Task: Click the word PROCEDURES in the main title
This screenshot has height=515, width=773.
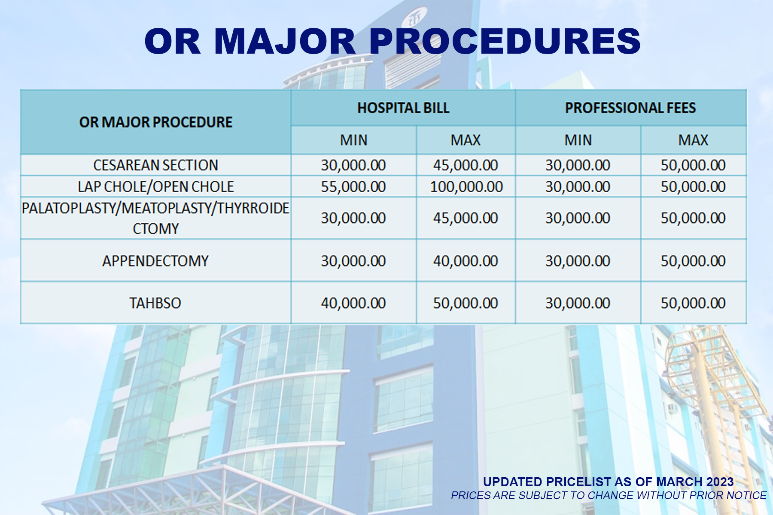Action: coord(505,41)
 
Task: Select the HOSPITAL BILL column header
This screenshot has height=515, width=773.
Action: coord(403,108)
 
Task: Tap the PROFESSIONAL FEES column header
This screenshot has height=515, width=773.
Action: coord(630,108)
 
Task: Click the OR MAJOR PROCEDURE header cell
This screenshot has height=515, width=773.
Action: coord(155,122)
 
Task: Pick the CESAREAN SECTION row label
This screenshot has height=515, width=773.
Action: coord(155,165)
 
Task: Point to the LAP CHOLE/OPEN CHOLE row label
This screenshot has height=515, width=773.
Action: coord(155,187)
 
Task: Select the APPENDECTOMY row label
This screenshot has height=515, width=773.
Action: coord(155,261)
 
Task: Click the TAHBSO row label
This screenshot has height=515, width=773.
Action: coord(155,303)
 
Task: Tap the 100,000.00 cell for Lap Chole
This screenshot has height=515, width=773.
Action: coord(466,187)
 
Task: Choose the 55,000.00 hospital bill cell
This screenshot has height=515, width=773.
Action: coord(353,187)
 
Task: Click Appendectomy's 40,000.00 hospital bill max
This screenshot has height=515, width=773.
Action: coord(466,261)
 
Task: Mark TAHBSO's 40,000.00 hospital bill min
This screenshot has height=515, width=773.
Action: coord(353,303)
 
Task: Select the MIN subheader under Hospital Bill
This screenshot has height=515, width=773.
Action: coord(354,140)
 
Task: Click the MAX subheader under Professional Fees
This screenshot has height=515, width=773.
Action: coord(693,140)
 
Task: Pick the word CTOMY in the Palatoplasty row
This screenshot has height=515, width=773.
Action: coord(155,229)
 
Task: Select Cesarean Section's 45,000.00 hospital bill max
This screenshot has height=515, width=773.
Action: coord(466,165)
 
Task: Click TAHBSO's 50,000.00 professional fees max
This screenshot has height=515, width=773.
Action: coord(693,303)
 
